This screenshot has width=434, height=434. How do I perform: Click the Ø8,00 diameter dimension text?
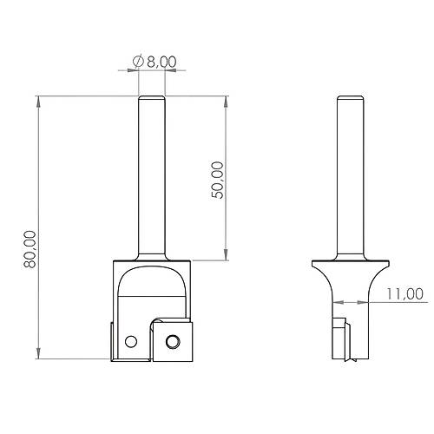coord(155,61)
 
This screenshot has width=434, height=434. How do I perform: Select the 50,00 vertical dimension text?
coord(217,180)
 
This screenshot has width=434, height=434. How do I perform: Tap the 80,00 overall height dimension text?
coord(29,248)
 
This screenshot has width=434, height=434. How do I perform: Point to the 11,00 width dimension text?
coord(404,293)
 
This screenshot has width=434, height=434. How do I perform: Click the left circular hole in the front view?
coord(131,339)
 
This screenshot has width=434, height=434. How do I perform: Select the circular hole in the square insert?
coord(173,339)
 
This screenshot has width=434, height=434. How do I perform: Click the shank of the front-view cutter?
coord(150,174)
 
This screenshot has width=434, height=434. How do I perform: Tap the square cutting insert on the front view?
coord(174,339)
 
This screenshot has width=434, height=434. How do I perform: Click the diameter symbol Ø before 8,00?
coord(137,61)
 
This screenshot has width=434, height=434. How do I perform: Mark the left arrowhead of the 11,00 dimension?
coord(336,302)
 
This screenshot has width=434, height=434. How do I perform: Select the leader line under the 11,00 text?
coord(399,302)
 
